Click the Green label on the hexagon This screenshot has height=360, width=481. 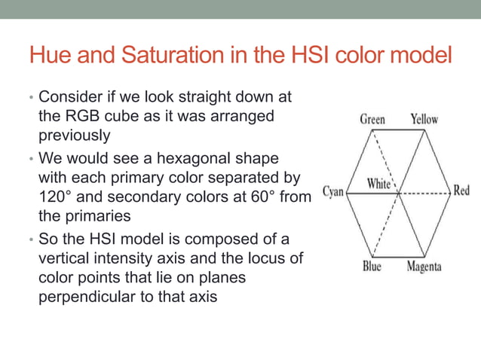(x=372, y=119)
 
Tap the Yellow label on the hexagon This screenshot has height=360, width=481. (x=424, y=119)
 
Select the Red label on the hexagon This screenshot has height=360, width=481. (x=461, y=191)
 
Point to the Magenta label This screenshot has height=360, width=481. (x=424, y=267)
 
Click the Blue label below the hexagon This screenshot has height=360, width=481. (x=372, y=267)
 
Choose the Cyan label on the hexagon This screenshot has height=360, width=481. (x=334, y=191)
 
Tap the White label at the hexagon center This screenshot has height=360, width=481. (x=378, y=183)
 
